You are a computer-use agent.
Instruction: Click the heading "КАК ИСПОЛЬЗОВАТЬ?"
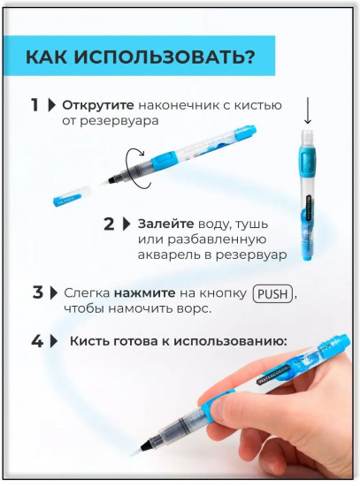(141, 57)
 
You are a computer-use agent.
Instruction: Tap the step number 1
(34, 105)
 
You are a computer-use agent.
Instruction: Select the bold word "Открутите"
(98, 105)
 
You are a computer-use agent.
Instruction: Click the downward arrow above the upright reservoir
(307, 111)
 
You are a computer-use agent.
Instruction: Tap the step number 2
(109, 224)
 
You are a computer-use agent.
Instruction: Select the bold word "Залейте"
(165, 224)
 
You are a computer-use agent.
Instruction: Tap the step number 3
(37, 292)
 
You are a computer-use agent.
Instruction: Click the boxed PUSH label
(272, 293)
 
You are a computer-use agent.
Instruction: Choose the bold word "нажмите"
(145, 292)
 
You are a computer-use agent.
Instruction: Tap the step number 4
(37, 342)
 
